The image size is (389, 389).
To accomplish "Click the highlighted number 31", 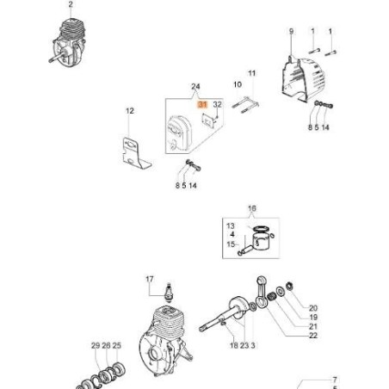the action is pos(202,104).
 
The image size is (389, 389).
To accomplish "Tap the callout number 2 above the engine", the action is pos(71,4).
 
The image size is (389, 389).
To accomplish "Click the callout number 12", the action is pos(130,111).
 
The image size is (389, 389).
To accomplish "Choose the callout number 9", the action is pos(291,31).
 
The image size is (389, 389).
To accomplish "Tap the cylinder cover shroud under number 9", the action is pos(303,80).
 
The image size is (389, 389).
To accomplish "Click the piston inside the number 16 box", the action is pos(262,241).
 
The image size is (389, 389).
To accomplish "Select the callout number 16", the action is pos(252,208).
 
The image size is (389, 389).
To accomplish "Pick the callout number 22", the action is pos(313,335).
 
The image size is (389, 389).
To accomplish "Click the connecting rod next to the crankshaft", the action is pos(262,293).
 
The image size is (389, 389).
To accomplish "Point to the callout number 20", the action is pos(313,308).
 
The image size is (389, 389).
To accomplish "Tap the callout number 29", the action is pos(96,345).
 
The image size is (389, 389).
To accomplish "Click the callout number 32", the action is pos(218,104).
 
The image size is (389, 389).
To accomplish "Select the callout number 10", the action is pos(238,84).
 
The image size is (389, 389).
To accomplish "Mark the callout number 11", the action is pos(251,73).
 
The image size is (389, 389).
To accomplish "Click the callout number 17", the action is pos(150,279).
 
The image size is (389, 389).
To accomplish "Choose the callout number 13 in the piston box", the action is pos(231,225).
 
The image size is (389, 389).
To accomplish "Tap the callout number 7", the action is pos(335,380).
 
